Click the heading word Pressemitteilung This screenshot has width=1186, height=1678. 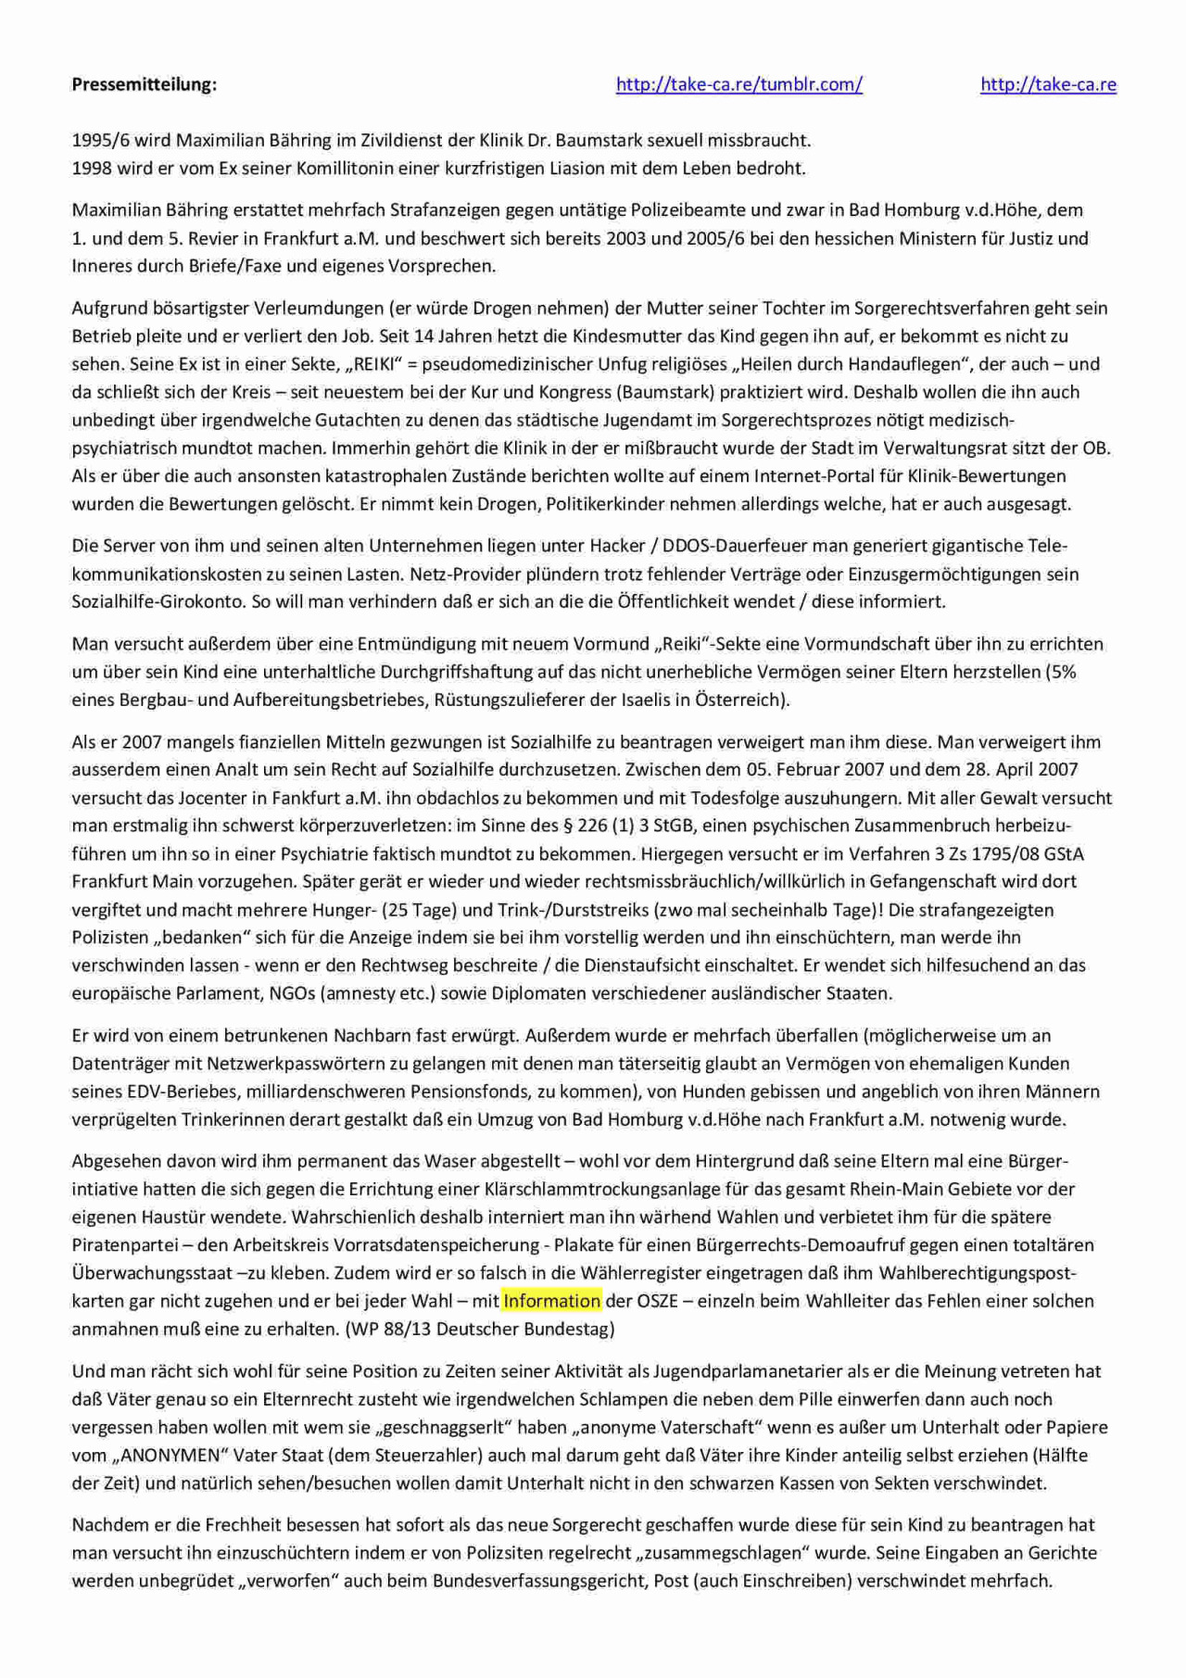click(144, 84)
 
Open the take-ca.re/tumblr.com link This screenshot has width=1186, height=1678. click(738, 84)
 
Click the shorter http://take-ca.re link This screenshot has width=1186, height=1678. click(1048, 84)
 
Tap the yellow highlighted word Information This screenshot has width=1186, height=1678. click(551, 1301)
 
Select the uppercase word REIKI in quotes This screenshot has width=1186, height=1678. click(364, 364)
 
